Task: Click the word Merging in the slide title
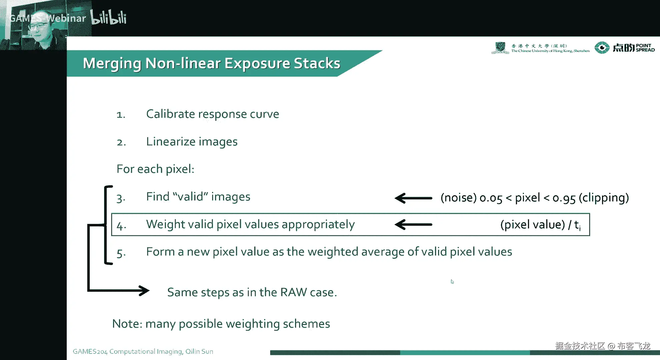[112, 64]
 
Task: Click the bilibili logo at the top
[109, 17]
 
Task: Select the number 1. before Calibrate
[121, 115]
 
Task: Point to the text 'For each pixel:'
[155, 169]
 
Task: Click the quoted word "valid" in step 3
[190, 197]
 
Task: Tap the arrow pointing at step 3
[413, 198]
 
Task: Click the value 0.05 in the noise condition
[491, 198]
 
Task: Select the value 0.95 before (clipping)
[564, 198]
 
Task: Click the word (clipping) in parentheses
[604, 198]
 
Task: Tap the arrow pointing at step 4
[413, 224]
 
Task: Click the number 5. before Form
[121, 253]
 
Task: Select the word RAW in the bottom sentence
[294, 292]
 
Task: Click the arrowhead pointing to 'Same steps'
[144, 291]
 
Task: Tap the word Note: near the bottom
[127, 324]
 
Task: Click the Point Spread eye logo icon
[602, 48]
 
